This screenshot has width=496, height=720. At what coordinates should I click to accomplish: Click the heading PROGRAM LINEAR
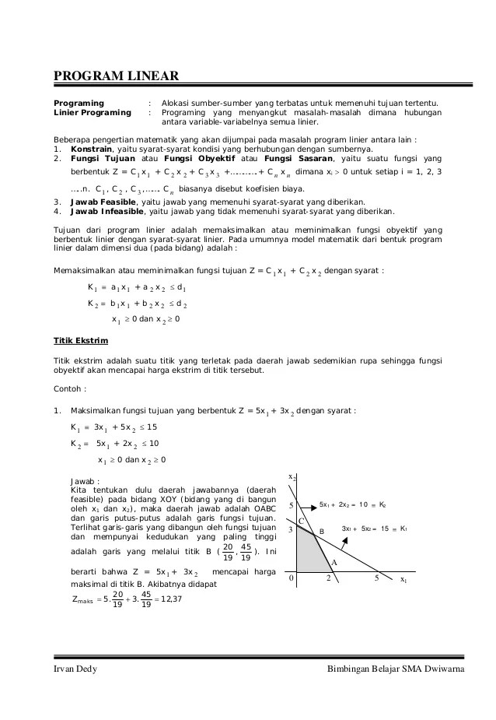117,76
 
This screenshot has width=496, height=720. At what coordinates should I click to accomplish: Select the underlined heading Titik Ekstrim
81,341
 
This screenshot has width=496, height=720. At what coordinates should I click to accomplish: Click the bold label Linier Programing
92,113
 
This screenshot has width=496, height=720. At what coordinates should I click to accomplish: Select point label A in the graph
334,562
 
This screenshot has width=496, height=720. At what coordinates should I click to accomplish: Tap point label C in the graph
302,521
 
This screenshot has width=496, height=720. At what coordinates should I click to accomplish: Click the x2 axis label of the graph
292,476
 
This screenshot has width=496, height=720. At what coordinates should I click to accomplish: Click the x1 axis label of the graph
403,580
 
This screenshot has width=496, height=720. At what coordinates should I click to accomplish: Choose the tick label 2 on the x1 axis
328,578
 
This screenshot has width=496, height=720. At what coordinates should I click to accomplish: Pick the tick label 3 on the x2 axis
291,529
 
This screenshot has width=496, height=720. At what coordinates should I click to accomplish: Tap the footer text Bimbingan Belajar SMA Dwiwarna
396,669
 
